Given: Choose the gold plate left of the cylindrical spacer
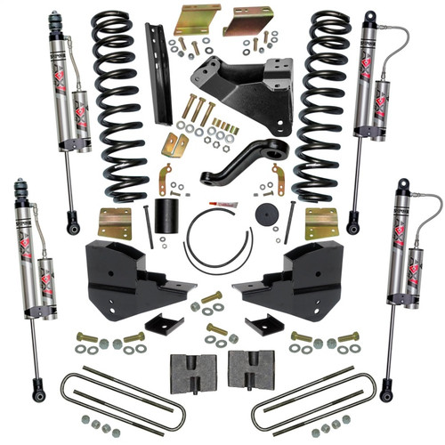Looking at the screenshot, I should pyautogui.click(x=113, y=222).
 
